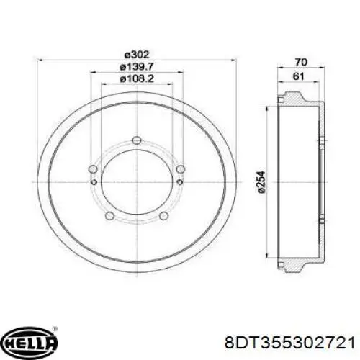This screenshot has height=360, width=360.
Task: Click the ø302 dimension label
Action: [x=137, y=55]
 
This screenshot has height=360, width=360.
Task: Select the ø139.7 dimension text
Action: [x=136, y=66]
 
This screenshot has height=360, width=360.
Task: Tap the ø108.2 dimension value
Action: [x=137, y=78]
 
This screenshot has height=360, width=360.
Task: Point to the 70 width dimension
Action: [x=301, y=63]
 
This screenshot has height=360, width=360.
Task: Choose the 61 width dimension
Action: [x=299, y=76]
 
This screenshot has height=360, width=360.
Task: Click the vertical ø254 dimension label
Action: [x=261, y=182]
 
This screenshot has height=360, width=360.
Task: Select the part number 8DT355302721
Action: [x=289, y=343]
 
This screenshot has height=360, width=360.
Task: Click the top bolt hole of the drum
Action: [x=137, y=140]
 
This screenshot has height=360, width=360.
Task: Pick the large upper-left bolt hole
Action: [x=93, y=169]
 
